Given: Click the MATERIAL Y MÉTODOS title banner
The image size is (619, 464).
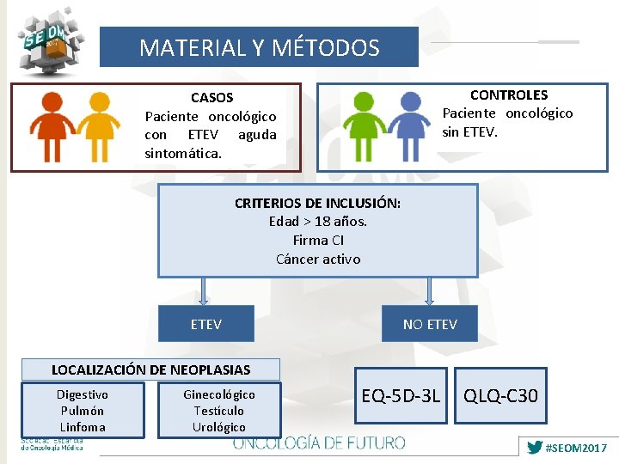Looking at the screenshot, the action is [259, 47].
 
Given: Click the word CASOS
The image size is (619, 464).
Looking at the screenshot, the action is [211, 98].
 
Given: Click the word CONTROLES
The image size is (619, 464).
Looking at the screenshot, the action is [508, 95].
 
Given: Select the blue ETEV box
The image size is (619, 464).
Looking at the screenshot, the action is [206, 324].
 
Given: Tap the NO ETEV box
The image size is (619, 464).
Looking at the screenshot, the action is [430, 324].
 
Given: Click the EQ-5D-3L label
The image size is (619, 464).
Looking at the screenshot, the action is [401, 396].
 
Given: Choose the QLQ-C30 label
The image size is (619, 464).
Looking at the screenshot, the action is [500, 396].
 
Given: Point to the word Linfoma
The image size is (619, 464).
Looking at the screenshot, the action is [83, 427].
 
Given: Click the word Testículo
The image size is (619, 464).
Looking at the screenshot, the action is [218, 411].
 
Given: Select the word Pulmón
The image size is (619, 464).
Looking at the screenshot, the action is [83, 411].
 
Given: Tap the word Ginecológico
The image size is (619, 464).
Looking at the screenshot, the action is [218, 394].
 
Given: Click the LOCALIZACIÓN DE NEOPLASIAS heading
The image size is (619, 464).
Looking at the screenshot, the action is [151, 369].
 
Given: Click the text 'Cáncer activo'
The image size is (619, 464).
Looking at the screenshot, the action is [318, 259].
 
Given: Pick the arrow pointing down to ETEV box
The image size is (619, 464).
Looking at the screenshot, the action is [204, 290].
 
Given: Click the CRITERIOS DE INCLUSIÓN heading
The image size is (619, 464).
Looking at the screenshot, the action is [317, 203].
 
